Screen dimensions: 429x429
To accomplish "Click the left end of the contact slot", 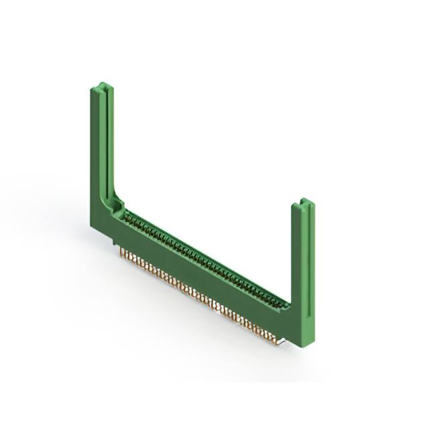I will coord(127,216).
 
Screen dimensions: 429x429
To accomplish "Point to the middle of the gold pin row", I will coord(198,295).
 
